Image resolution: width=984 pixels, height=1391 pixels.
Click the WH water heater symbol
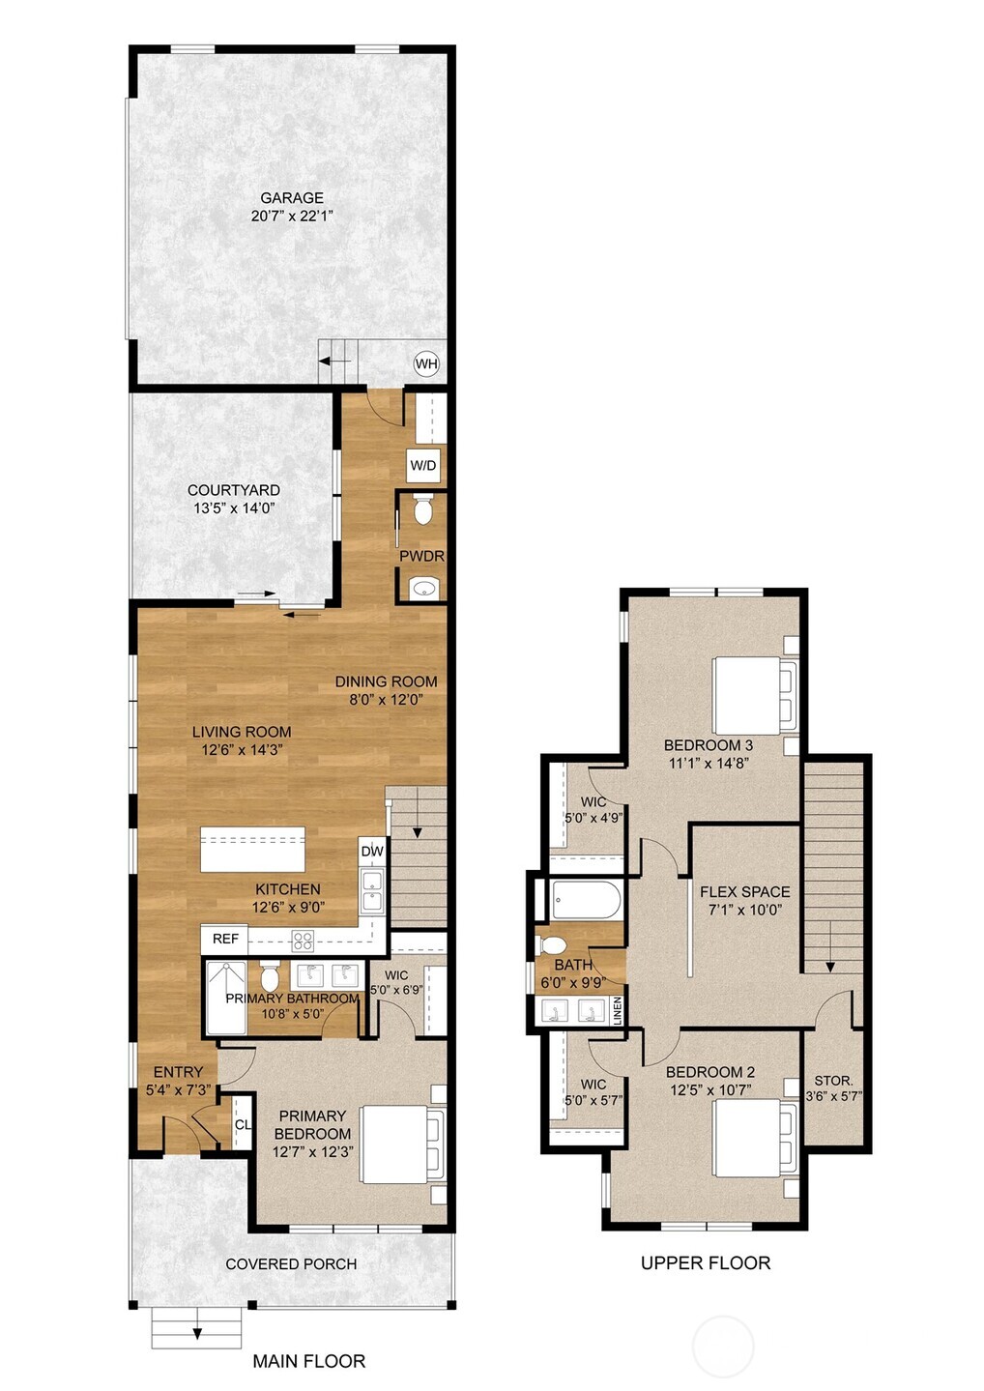point(426,364)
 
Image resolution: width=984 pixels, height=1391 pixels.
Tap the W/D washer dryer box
point(423,465)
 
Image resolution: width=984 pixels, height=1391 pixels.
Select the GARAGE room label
point(292,198)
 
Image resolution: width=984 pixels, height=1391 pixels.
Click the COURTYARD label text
point(234,490)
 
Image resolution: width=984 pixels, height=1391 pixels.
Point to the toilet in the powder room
point(422,510)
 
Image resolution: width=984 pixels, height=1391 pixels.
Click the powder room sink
point(422,587)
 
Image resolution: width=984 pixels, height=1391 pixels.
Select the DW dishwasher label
point(372,851)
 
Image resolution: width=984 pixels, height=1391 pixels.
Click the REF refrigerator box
point(225,939)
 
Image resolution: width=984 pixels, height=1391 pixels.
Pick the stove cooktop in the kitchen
point(304,939)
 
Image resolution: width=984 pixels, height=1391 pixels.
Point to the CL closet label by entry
point(243,1124)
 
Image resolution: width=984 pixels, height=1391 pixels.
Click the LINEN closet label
point(617,1010)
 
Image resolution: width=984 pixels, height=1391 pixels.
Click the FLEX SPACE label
point(745,891)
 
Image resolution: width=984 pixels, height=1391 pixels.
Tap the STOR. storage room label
point(833,1080)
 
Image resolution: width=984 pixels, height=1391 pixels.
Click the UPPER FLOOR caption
point(706,1263)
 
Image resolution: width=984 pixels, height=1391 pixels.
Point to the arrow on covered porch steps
point(197,1333)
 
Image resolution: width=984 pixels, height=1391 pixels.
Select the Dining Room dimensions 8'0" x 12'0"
point(386,700)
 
